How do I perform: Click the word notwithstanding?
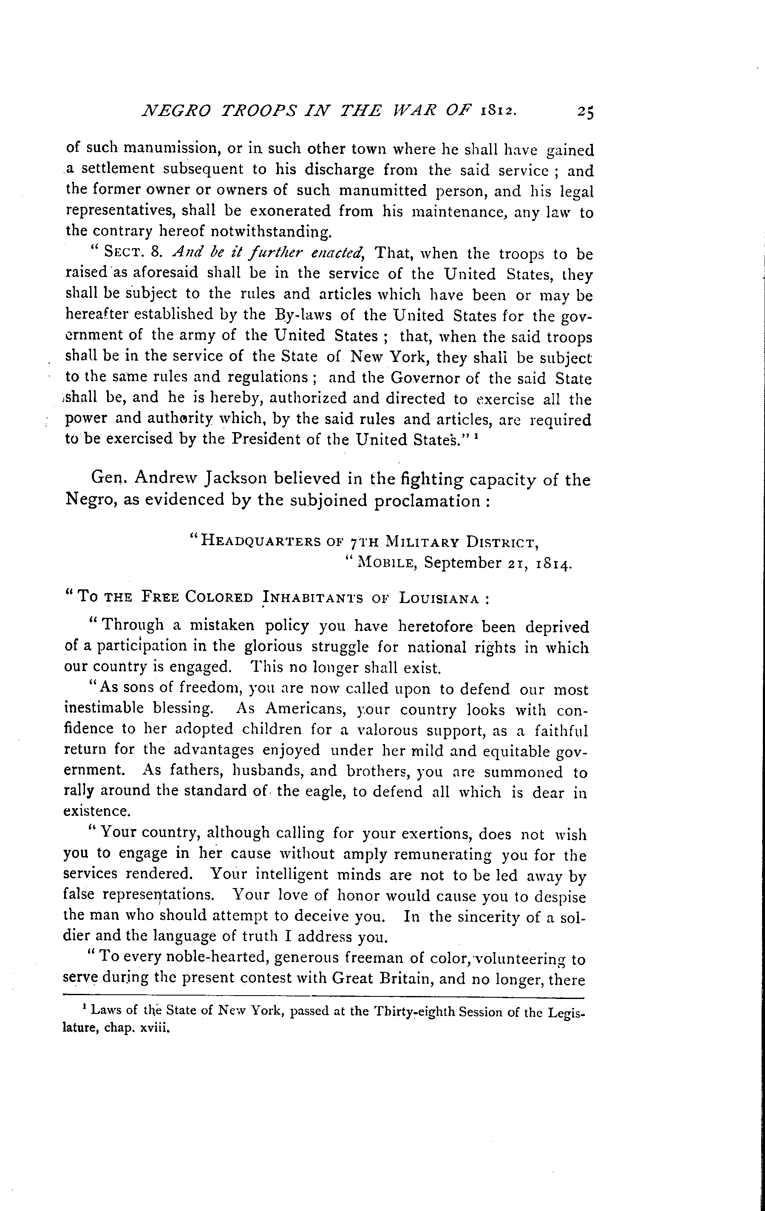(x=271, y=233)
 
